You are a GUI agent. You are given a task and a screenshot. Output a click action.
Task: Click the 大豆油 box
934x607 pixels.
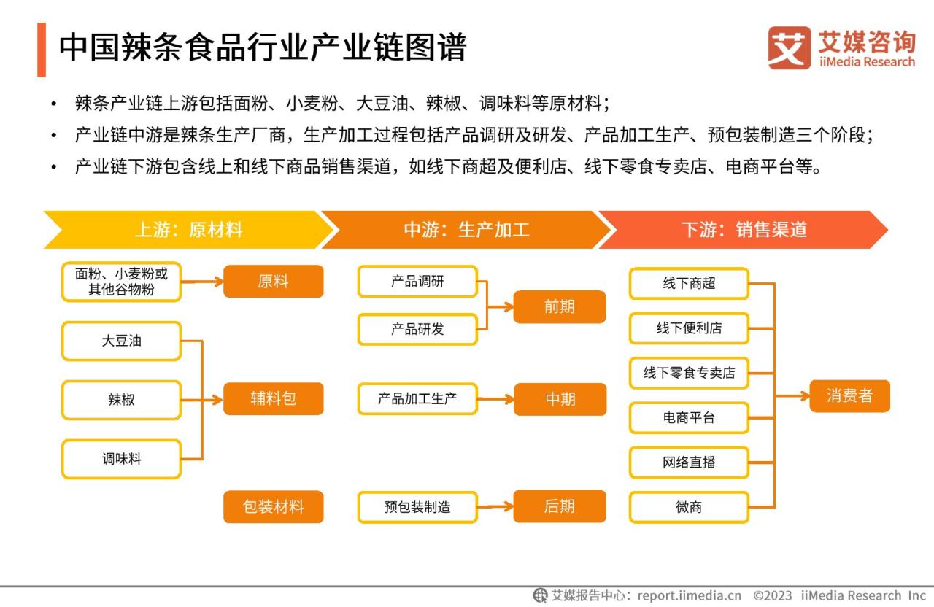(x=121, y=341)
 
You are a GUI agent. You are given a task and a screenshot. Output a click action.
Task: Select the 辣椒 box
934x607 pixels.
(x=121, y=400)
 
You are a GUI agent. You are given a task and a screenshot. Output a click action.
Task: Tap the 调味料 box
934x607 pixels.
(x=121, y=459)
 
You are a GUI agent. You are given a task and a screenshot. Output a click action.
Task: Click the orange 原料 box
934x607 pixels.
(x=274, y=282)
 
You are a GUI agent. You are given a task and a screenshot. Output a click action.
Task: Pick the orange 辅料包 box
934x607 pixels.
(x=274, y=398)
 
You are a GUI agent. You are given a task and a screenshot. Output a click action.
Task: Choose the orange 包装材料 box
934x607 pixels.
(x=274, y=506)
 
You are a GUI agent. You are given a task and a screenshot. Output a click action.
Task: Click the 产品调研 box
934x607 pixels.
(x=417, y=282)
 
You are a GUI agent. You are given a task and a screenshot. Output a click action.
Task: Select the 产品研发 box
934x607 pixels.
(x=417, y=329)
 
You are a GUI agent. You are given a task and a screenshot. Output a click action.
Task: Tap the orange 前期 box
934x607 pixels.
(x=560, y=307)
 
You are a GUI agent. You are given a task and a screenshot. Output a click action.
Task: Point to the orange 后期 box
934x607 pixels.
(x=560, y=506)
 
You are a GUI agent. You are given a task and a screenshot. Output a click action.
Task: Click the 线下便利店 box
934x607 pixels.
(x=689, y=328)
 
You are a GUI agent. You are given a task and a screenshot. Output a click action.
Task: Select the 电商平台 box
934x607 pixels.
(x=689, y=418)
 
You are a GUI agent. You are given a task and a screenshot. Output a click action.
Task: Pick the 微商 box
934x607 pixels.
(x=689, y=507)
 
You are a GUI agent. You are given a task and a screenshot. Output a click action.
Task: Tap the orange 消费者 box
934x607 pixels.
(x=850, y=395)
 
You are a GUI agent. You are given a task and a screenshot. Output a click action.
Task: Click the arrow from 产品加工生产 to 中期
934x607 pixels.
(x=495, y=399)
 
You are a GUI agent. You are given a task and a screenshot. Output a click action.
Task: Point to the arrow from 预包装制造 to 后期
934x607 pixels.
(x=495, y=507)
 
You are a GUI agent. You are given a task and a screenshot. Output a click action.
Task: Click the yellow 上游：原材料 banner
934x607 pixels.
(x=188, y=230)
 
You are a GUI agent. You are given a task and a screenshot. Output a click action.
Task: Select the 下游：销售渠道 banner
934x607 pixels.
(x=744, y=230)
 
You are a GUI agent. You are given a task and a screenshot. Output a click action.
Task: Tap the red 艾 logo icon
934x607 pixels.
(x=790, y=48)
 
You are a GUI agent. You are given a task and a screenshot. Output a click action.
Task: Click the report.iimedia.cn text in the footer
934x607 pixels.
(x=690, y=595)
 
